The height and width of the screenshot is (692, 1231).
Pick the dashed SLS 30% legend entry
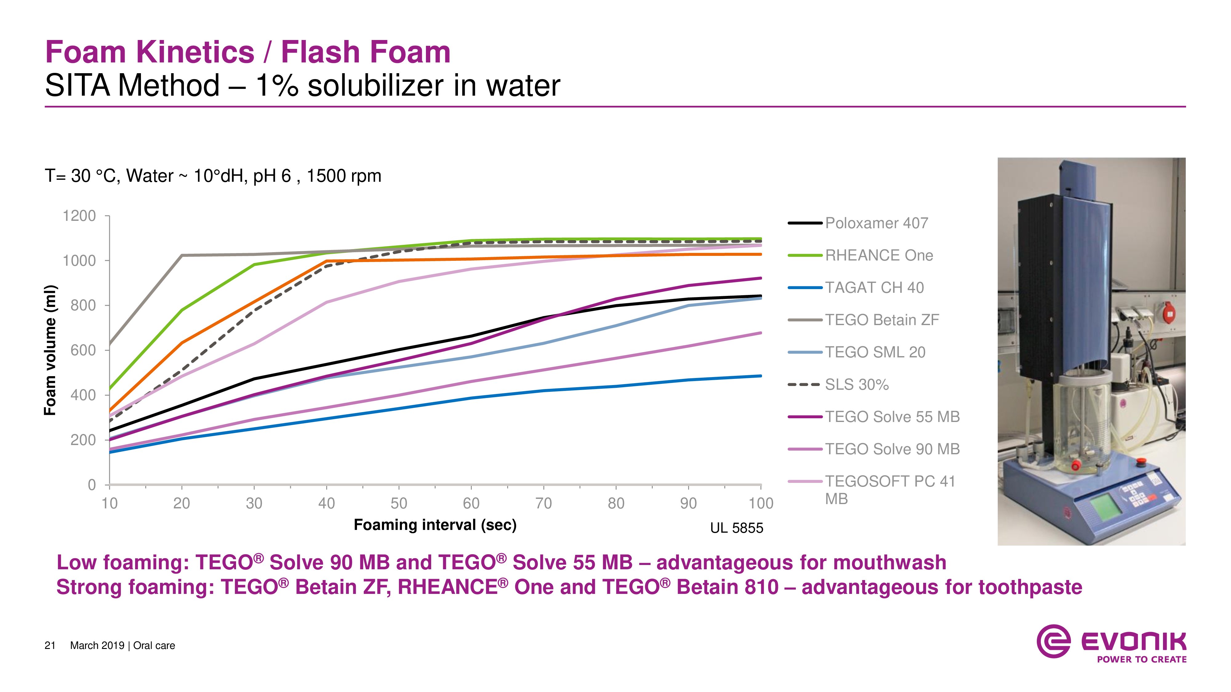[856, 384]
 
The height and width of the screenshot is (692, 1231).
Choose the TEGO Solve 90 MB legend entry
[892, 449]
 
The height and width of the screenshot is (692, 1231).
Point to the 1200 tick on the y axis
[79, 216]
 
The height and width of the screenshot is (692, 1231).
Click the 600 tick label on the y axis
[83, 350]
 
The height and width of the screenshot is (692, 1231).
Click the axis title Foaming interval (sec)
[435, 525]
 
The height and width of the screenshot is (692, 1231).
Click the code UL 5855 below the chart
[736, 528]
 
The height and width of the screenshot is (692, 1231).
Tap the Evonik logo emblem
[1053, 641]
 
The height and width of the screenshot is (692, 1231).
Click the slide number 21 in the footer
[50, 646]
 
